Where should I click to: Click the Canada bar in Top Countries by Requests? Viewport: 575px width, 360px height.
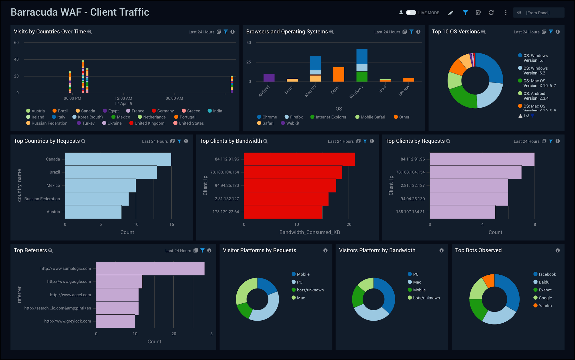[x=118, y=159]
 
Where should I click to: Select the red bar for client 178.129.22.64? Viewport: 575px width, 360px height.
[x=283, y=212]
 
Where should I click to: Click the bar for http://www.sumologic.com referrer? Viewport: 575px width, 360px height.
[x=150, y=268]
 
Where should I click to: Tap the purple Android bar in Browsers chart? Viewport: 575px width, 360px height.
[x=269, y=78]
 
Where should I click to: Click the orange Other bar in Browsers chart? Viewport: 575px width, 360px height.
[x=338, y=74]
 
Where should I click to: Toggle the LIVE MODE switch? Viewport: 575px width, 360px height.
[x=411, y=13]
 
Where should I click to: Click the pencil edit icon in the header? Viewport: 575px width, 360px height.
[x=451, y=13]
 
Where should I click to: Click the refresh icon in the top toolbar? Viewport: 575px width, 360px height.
[x=491, y=13]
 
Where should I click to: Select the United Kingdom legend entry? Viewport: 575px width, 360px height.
[x=149, y=123]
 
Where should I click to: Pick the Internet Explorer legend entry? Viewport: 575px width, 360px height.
[x=331, y=117]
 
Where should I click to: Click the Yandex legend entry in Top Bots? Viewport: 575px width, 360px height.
[x=545, y=306]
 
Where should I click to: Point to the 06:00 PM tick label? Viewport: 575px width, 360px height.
[x=72, y=98]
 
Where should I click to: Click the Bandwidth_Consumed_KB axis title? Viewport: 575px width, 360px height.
[x=309, y=232]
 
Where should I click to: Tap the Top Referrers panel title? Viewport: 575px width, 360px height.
[x=30, y=250]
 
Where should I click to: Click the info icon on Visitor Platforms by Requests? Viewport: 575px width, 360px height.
[x=325, y=250]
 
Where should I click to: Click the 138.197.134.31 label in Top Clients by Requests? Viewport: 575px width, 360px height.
[x=410, y=212]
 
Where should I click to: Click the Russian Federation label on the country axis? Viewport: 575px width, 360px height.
[x=42, y=199]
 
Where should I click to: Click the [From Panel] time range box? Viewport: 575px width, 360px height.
[x=538, y=13]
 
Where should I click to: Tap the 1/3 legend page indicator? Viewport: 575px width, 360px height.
[x=526, y=116]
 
